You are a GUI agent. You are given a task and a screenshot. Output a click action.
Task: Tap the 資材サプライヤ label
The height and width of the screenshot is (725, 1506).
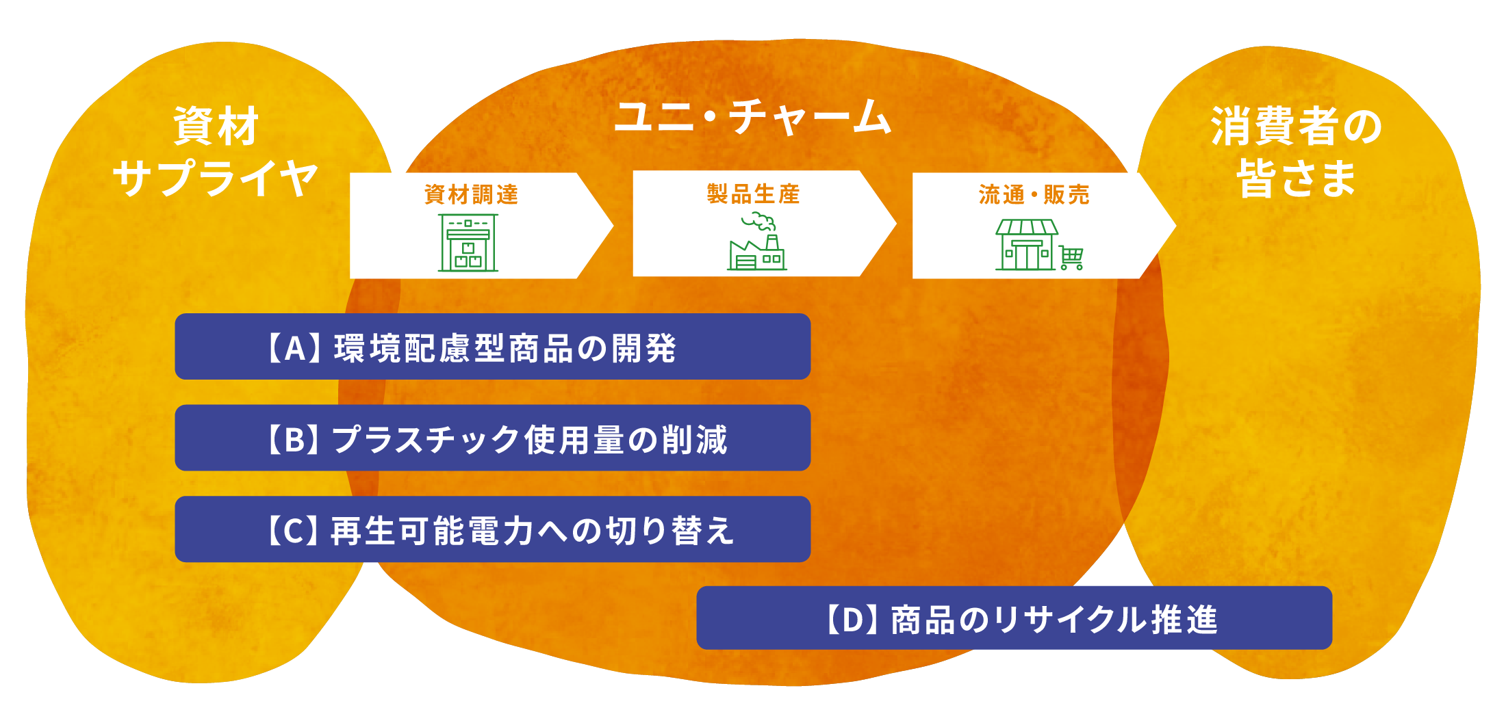[216, 152]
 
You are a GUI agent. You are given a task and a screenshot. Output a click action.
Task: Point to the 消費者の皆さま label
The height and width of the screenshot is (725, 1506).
[1296, 152]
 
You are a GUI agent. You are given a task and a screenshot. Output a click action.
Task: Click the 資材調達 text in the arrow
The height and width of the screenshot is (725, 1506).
[471, 195]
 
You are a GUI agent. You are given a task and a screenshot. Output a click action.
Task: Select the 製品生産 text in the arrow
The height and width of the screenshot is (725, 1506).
[753, 194]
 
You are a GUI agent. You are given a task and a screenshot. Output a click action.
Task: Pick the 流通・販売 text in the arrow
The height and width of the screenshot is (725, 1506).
[1034, 195]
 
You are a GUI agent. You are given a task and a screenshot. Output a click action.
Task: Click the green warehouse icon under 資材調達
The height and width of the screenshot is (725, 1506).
[468, 243]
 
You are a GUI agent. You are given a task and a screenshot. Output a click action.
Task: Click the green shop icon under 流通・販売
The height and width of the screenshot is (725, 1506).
[1026, 245]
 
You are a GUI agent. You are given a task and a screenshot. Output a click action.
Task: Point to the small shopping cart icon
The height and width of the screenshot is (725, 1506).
[1071, 258]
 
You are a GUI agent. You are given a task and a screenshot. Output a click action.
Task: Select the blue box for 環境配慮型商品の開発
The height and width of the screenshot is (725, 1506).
[492, 347]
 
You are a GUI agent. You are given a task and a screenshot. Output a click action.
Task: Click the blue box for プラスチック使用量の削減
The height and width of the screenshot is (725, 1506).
[492, 438]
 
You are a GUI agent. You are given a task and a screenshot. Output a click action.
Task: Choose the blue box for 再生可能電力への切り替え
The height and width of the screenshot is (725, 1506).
[492, 529]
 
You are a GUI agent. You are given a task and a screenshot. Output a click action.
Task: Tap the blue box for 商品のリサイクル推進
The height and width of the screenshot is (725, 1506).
[1014, 618]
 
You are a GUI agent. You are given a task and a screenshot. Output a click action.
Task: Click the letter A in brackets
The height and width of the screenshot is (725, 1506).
[294, 348]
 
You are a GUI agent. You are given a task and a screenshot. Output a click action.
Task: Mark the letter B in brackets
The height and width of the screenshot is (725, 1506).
[294, 440]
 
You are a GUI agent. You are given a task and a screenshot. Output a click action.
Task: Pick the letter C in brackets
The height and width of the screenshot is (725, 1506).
[294, 531]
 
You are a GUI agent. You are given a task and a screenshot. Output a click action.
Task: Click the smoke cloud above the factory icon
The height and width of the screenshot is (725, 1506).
[760, 222]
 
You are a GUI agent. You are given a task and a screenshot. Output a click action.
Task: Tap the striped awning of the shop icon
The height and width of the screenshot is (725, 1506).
[1027, 227]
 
